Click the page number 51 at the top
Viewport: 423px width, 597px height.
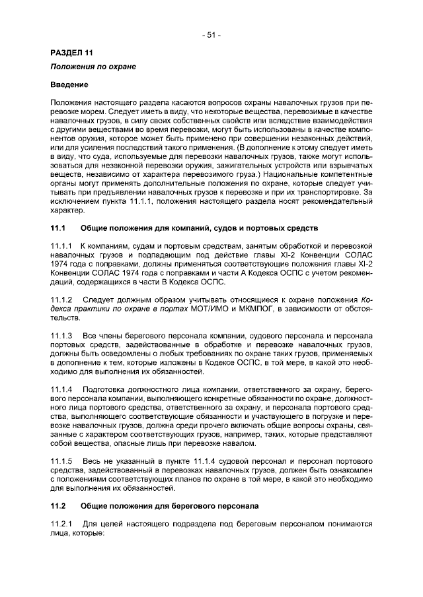[x=211, y=35]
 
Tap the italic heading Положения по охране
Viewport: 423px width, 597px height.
[x=93, y=68]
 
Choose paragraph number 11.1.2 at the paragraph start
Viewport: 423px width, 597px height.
[x=61, y=299]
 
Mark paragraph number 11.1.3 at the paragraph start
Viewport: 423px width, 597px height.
[x=61, y=336]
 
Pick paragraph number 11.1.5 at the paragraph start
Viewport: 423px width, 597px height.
[x=61, y=460]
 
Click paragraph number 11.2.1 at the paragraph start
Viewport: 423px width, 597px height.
[x=61, y=522]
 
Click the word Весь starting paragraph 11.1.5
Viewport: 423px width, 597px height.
[x=92, y=460]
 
